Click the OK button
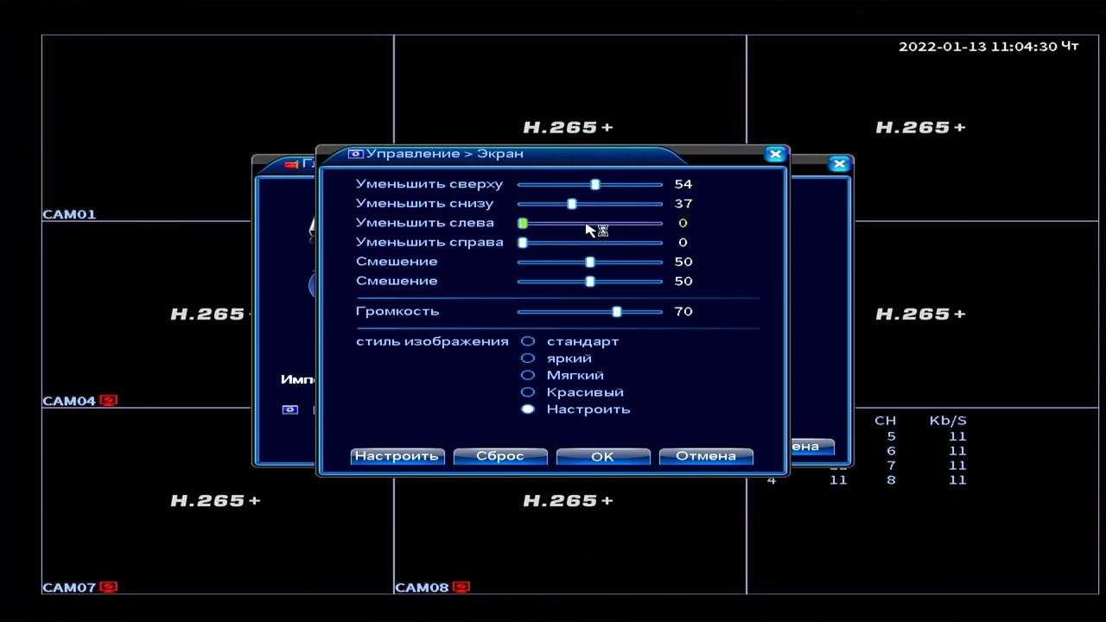pyautogui.click(x=602, y=456)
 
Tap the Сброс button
pyautogui.click(x=500, y=456)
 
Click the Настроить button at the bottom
pyautogui.click(x=397, y=456)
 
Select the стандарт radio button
pyautogui.click(x=528, y=341)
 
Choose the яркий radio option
pyautogui.click(x=528, y=358)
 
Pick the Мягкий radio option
pyautogui.click(x=528, y=375)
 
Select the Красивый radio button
pyautogui.click(x=528, y=392)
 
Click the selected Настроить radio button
pyautogui.click(x=528, y=409)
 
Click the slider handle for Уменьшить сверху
pyautogui.click(x=595, y=184)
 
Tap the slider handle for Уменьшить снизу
pyautogui.click(x=572, y=204)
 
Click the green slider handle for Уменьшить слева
pyautogui.click(x=523, y=223)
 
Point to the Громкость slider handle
pyautogui.click(x=617, y=311)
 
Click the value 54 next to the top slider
pyautogui.click(x=683, y=184)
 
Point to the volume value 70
pyautogui.click(x=683, y=311)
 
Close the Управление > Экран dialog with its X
pyautogui.click(x=775, y=154)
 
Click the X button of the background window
pyautogui.click(x=839, y=163)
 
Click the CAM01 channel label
pyautogui.click(x=69, y=214)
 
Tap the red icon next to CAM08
pyautogui.click(x=461, y=587)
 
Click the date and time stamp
pyautogui.click(x=988, y=47)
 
